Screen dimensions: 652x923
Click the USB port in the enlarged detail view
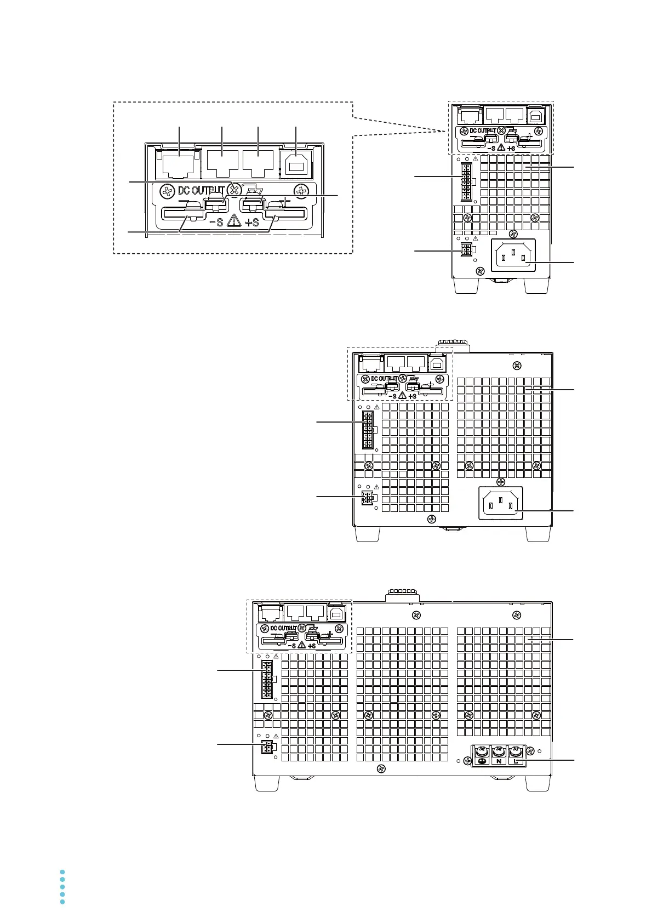click(296, 163)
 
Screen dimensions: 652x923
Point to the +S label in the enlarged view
click(252, 222)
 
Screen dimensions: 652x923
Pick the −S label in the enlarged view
click(216, 222)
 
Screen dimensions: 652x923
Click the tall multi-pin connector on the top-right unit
click(467, 181)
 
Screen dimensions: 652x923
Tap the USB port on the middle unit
click(437, 363)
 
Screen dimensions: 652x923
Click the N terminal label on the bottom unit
click(499, 762)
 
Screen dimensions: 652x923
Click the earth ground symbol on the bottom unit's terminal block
click(481, 762)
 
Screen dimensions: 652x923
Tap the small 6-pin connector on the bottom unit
click(267, 748)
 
